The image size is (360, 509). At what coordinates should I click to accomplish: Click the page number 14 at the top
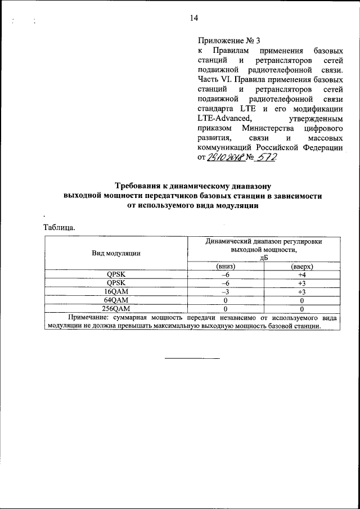[x=193, y=18]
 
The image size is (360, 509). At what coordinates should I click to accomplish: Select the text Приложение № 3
[x=229, y=40]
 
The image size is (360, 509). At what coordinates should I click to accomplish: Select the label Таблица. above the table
[x=59, y=228]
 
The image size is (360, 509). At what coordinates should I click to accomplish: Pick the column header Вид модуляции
[x=116, y=253]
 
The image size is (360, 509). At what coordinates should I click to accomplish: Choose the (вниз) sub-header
[x=225, y=266]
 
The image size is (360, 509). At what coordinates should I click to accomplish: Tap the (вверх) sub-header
[x=301, y=266]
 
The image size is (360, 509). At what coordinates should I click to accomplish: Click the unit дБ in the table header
[x=264, y=258]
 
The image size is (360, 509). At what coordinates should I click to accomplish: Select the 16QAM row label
[x=116, y=292]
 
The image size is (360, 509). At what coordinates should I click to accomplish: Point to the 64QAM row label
[x=116, y=300]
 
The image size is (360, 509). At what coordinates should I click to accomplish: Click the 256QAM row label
[x=116, y=309]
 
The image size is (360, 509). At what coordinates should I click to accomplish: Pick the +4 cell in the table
[x=301, y=274]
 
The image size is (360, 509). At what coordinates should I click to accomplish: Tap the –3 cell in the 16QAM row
[x=225, y=292]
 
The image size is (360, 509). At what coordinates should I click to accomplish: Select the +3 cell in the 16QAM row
[x=301, y=292]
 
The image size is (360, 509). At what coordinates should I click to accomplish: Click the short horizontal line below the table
[x=192, y=358]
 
